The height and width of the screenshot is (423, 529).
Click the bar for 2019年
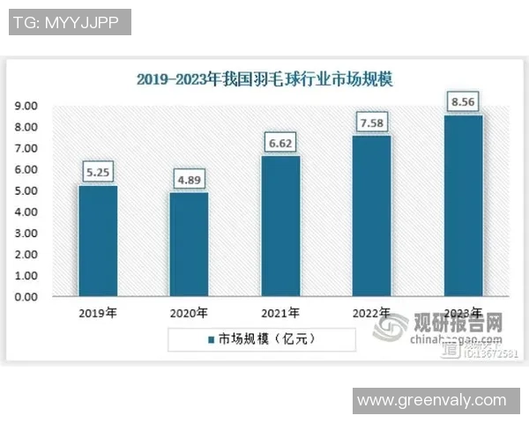97,241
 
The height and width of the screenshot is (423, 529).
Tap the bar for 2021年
280,226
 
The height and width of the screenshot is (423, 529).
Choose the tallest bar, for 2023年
464,206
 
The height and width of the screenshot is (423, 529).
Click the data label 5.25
97,172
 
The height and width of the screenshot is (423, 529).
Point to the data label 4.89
189,180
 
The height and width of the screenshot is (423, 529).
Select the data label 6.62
280,142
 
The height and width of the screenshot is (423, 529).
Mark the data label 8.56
464,101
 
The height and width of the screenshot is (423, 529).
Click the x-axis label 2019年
97,313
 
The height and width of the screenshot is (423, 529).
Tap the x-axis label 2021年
280,313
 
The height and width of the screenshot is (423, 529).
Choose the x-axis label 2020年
189,313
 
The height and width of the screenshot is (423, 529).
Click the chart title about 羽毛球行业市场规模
264,79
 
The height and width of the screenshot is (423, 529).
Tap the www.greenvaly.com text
431,401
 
